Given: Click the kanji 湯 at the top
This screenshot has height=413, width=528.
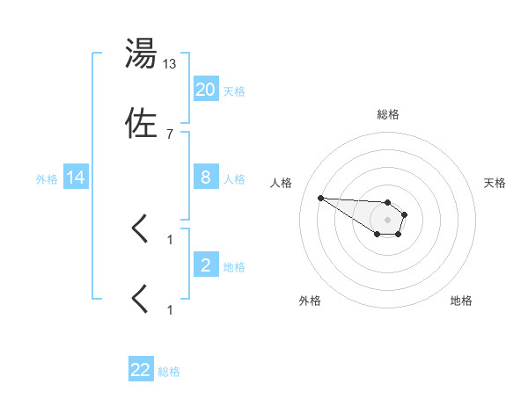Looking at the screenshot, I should pyautogui.click(x=141, y=54).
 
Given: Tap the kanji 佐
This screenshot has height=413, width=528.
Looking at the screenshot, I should pyautogui.click(x=141, y=123).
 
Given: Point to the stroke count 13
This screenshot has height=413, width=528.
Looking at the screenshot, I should pyautogui.click(x=170, y=63).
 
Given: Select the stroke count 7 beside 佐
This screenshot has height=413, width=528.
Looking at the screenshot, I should pyautogui.click(x=170, y=134).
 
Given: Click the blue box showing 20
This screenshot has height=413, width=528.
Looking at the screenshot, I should pyautogui.click(x=205, y=90).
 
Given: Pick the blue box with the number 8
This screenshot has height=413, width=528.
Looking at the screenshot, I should pyautogui.click(x=205, y=178).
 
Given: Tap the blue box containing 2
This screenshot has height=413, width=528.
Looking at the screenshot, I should pyautogui.click(x=205, y=265).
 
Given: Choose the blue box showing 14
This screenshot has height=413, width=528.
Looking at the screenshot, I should pyautogui.click(x=76, y=178).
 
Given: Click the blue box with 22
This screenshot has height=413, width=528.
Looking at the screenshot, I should pyautogui.click(x=141, y=370).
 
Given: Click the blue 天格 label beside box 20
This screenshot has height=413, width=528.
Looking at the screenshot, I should pyautogui.click(x=234, y=91).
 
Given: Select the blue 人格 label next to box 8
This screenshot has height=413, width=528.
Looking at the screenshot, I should pyautogui.click(x=234, y=179).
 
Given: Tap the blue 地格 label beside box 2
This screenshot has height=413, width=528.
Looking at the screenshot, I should pyautogui.click(x=234, y=267).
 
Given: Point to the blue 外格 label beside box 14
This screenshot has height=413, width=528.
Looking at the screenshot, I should pyautogui.click(x=47, y=179).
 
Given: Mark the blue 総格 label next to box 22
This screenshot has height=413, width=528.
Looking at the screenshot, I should pyautogui.click(x=169, y=372).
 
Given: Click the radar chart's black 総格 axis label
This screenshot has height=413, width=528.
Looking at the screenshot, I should pyautogui.click(x=387, y=114).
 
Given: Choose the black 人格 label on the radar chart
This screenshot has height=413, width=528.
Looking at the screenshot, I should pyautogui.click(x=282, y=183).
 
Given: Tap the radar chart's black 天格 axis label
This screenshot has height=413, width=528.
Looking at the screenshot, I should pyautogui.click(x=495, y=183).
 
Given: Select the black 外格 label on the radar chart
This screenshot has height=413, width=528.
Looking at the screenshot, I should pyautogui.click(x=310, y=301).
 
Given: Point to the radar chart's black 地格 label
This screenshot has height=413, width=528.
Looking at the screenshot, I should pyautogui.click(x=461, y=301).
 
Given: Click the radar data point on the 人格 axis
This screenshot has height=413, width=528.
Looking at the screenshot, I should pyautogui.click(x=320, y=198).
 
